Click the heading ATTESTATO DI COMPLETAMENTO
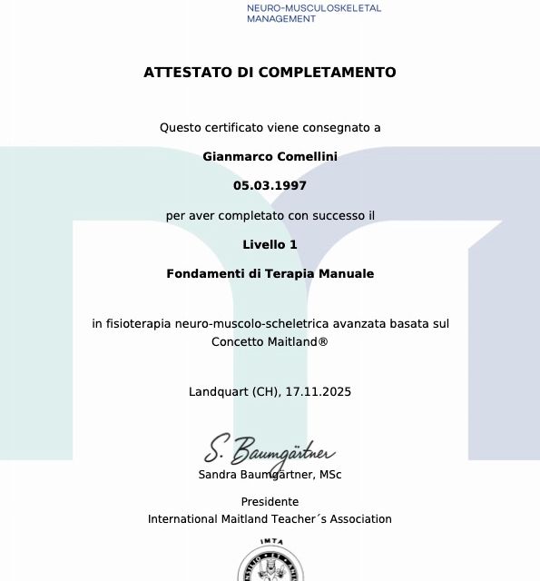click(x=270, y=73)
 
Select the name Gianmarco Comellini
click(x=270, y=156)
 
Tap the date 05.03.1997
click(x=270, y=185)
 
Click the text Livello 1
click(x=270, y=244)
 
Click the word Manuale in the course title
click(x=343, y=273)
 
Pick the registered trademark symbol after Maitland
click(x=323, y=342)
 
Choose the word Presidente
click(x=270, y=502)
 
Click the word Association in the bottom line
click(x=360, y=519)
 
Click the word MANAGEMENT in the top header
click(x=281, y=19)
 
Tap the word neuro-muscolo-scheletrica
click(x=245, y=323)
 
